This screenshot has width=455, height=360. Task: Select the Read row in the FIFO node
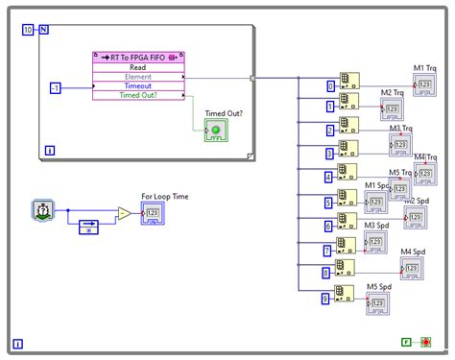click(136, 66)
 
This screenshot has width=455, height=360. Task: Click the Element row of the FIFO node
click(136, 77)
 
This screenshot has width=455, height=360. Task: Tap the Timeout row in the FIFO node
click(136, 86)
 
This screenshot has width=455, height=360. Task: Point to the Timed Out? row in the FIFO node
click(136, 96)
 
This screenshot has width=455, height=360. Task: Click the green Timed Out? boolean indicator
click(216, 132)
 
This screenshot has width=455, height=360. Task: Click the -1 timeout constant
click(57, 87)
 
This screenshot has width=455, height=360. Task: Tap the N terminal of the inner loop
click(43, 31)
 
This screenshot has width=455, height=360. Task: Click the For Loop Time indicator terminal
click(153, 213)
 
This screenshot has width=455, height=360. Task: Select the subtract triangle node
click(123, 213)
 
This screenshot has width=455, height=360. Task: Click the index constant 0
click(329, 86)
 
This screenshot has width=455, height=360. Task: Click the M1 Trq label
click(425, 67)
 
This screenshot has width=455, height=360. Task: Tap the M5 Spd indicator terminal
click(376, 303)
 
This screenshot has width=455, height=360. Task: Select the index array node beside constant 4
click(347, 174)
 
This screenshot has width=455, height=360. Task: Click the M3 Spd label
click(376, 226)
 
